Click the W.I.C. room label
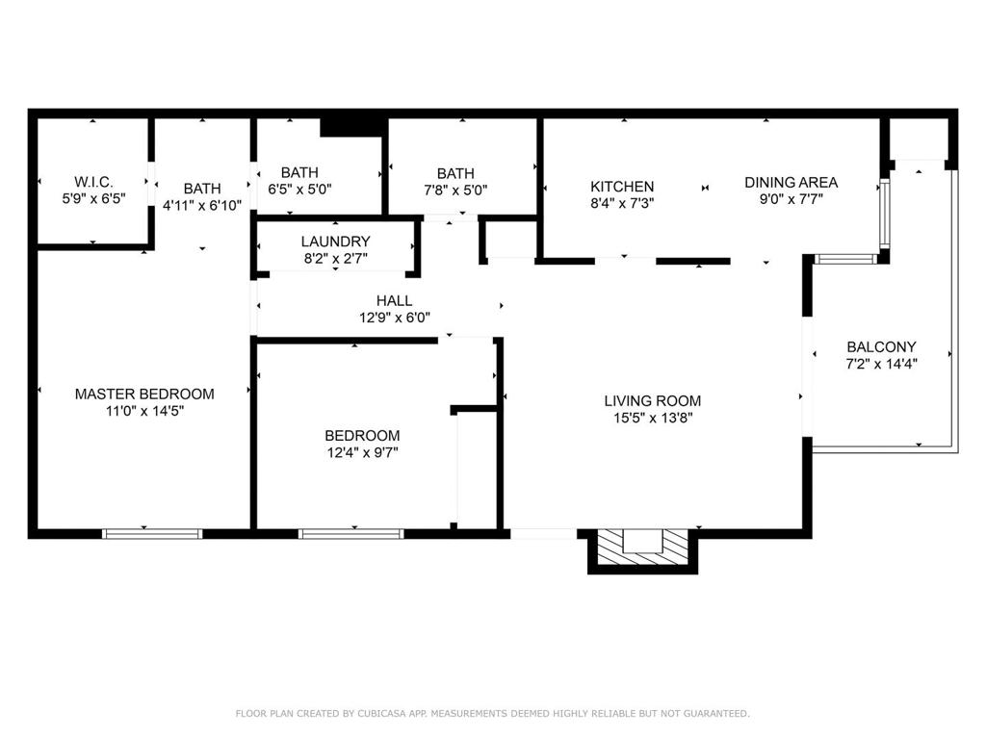[x=93, y=182]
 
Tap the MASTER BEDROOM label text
[x=144, y=394]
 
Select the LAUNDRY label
[x=335, y=242]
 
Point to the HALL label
[x=394, y=300]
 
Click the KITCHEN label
[x=622, y=187]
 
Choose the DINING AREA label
[x=791, y=182]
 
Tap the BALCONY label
[x=881, y=346]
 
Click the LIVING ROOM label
[x=653, y=400]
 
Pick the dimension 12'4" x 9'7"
[x=362, y=452]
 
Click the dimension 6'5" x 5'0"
[x=299, y=190]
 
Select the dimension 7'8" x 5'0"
[x=455, y=191]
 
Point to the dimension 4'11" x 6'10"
[x=202, y=206]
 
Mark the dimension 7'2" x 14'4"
[x=881, y=363]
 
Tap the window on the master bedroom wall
[x=152, y=534]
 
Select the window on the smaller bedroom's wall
[x=350, y=534]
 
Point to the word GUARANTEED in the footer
[x=716, y=713]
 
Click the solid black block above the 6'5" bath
[x=352, y=127]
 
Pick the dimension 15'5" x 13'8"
[x=653, y=418]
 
